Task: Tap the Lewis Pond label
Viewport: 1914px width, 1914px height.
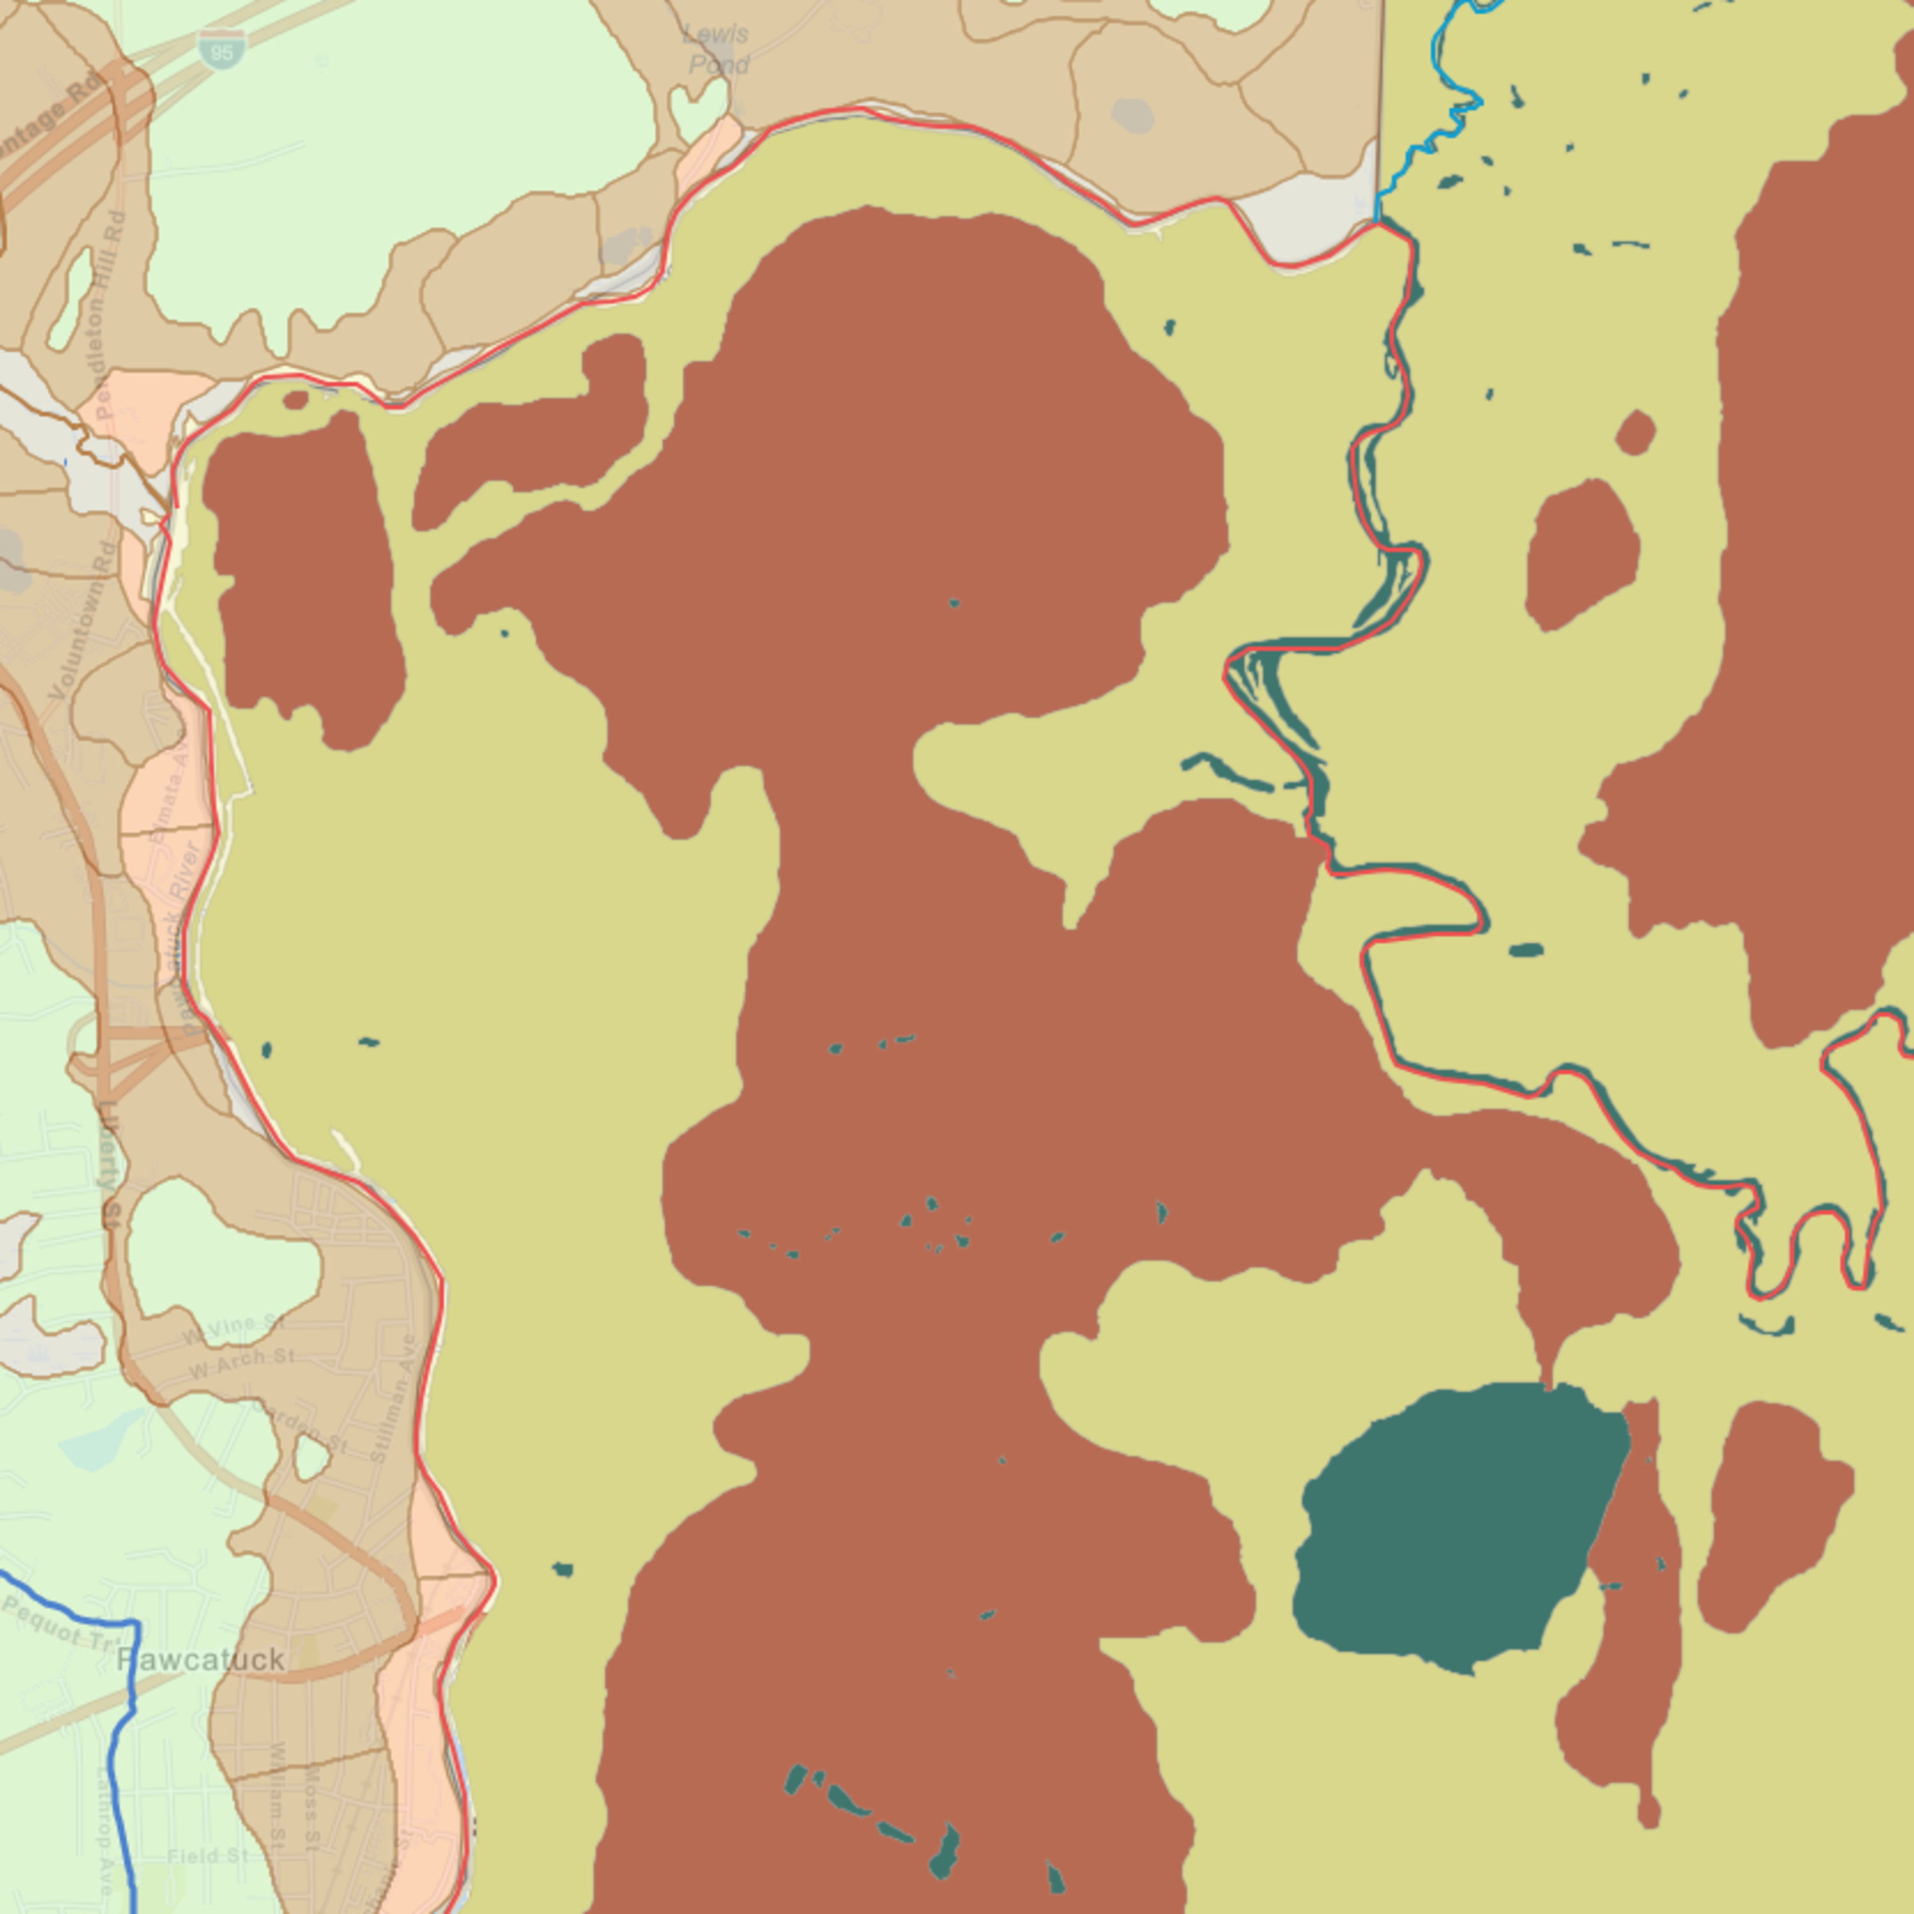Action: pyautogui.click(x=717, y=50)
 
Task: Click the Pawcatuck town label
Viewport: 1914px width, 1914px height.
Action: pyautogui.click(x=201, y=1659)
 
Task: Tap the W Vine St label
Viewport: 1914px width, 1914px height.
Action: pyautogui.click(x=234, y=1330)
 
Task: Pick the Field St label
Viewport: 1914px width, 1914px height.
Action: pyautogui.click(x=208, y=1855)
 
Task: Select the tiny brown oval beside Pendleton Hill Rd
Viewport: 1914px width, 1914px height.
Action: pyautogui.click(x=296, y=400)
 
